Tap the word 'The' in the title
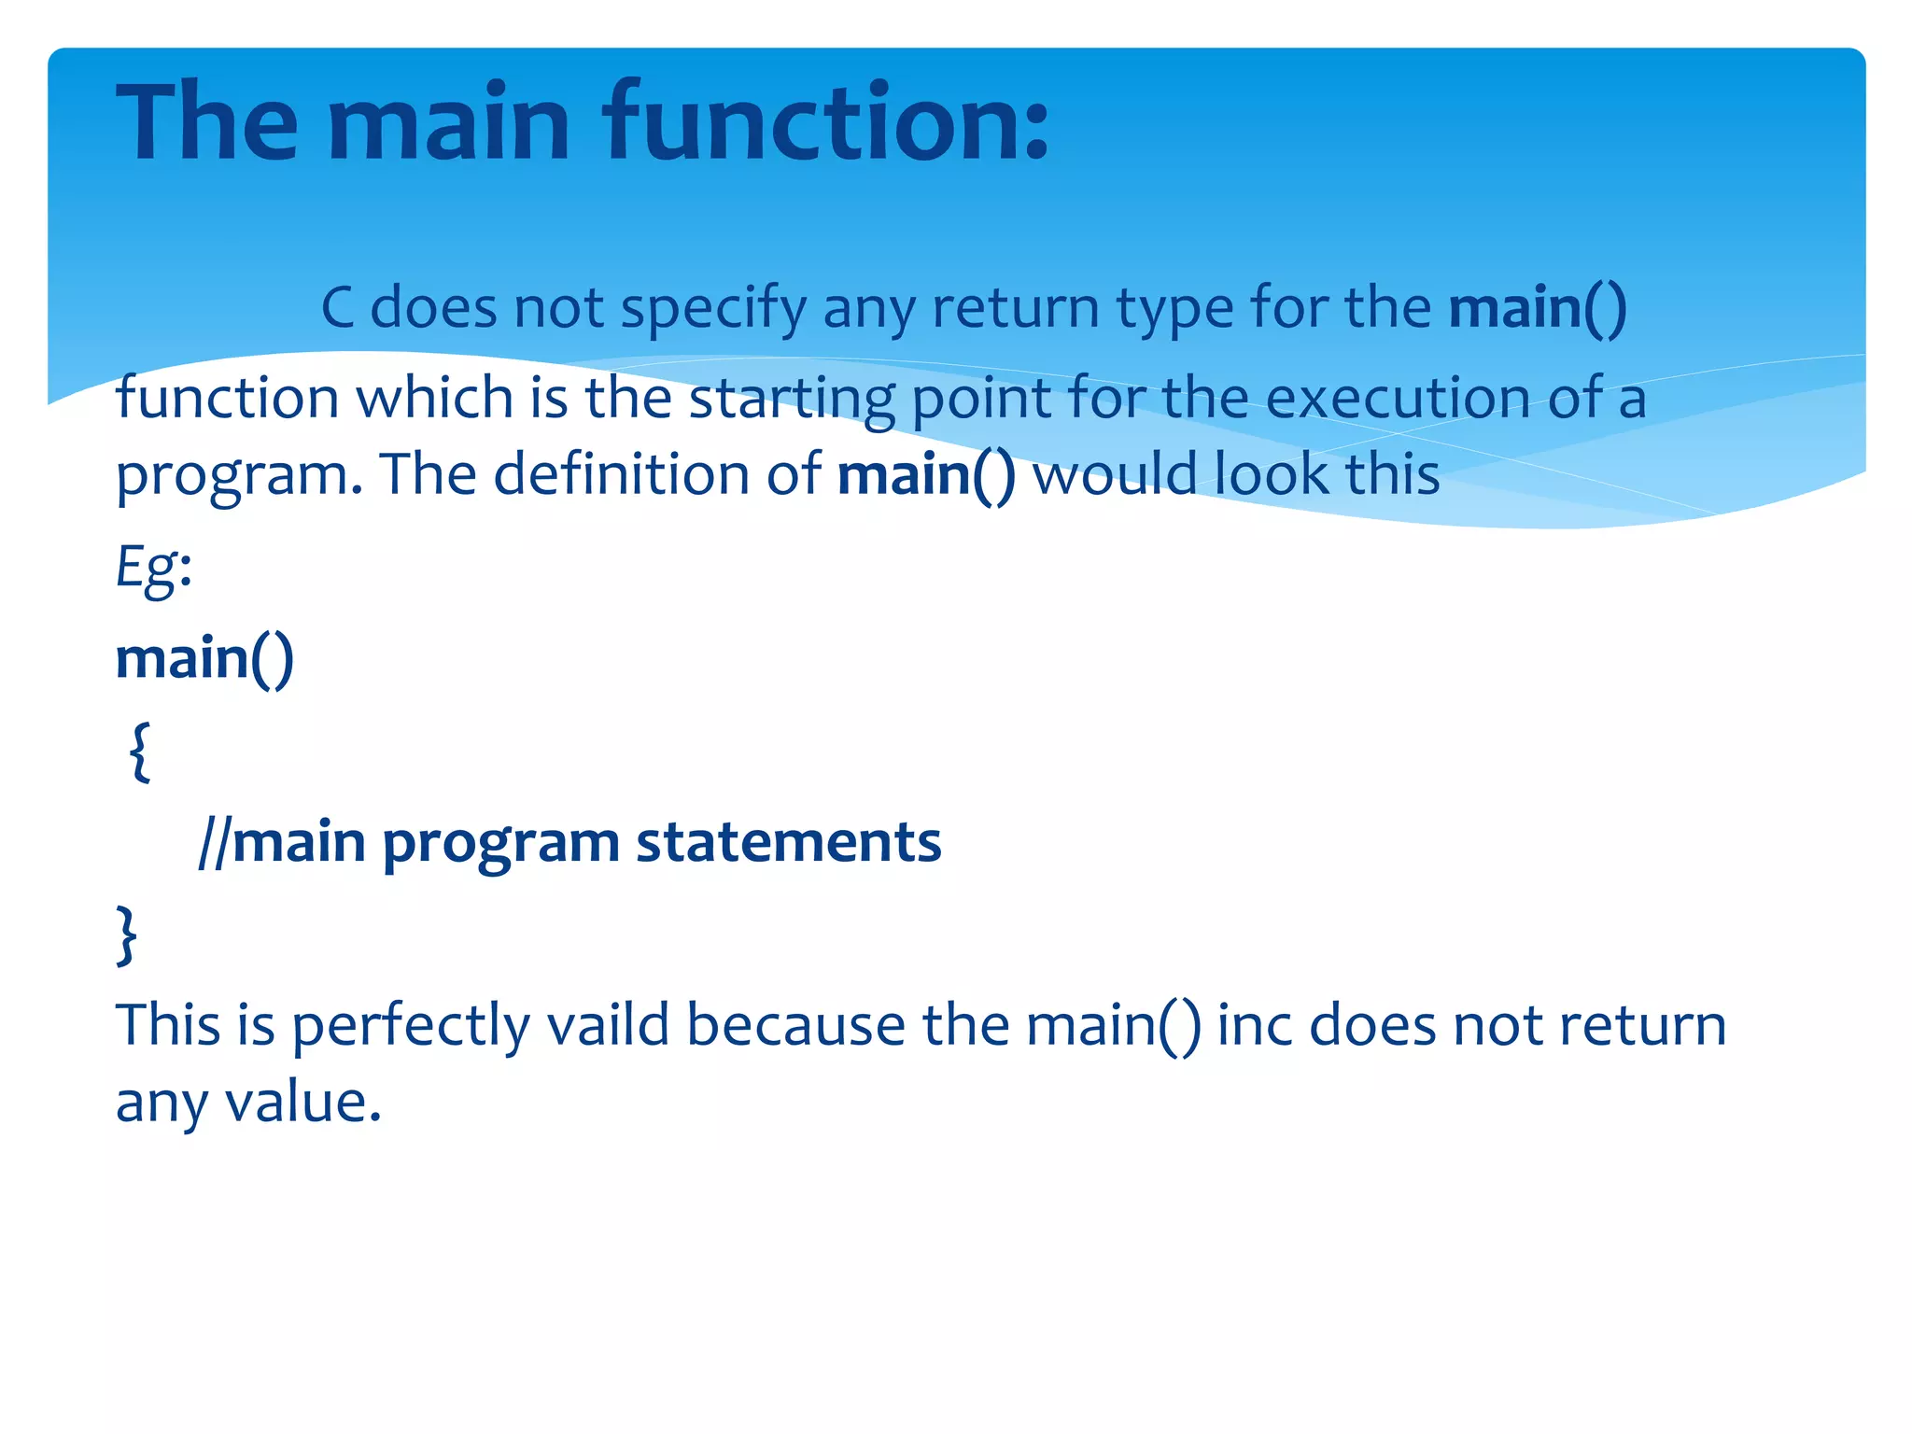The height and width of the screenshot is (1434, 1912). pyautogui.click(x=206, y=121)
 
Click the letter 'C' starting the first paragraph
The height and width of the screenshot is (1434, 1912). pyautogui.click(x=338, y=308)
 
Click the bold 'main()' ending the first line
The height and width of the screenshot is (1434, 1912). pyautogui.click(x=1538, y=308)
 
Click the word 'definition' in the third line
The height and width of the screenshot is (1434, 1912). pyautogui.click(x=621, y=474)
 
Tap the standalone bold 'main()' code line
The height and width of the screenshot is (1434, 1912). pyautogui.click(x=204, y=659)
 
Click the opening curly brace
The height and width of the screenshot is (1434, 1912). pyautogui.click(x=140, y=751)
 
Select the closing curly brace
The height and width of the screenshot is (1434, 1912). pyautogui.click(x=127, y=934)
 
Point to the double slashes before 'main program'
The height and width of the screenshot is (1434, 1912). pyautogui.click(x=214, y=843)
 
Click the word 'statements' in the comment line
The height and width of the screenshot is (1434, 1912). pyautogui.click(x=788, y=843)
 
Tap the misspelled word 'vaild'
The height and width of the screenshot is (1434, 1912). pyautogui.click(x=608, y=1025)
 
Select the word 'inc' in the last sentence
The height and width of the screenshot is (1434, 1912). pyautogui.click(x=1254, y=1025)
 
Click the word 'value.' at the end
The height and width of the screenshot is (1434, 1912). pyautogui.click(x=303, y=1102)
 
